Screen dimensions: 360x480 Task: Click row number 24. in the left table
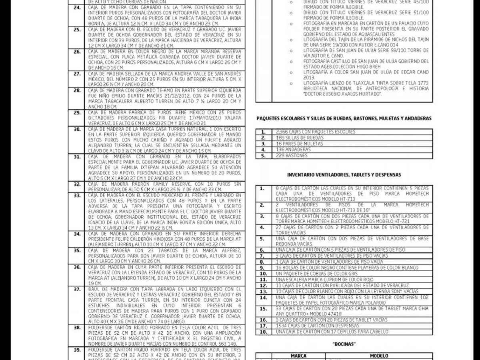(x=77, y=8)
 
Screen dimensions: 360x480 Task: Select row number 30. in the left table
(x=77, y=129)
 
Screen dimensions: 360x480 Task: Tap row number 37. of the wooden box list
(x=77, y=289)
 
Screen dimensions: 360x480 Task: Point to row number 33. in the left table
(x=77, y=195)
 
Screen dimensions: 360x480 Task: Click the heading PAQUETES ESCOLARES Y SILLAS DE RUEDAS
(x=344, y=118)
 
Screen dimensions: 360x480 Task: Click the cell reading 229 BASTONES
(x=292, y=156)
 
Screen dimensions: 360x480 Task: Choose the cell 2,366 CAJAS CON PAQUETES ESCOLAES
(x=316, y=132)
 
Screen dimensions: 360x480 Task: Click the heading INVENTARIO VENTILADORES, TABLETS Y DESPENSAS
(x=344, y=175)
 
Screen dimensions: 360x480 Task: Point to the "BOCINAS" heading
(x=344, y=344)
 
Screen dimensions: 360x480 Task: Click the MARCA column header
(x=298, y=356)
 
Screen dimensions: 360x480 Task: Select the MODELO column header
(x=379, y=356)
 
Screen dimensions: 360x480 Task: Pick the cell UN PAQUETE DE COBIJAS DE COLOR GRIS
(x=317, y=274)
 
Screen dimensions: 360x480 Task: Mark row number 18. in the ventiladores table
(x=263, y=332)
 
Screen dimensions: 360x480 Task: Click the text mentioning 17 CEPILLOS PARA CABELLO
(x=332, y=332)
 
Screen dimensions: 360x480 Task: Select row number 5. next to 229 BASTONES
(x=263, y=156)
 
